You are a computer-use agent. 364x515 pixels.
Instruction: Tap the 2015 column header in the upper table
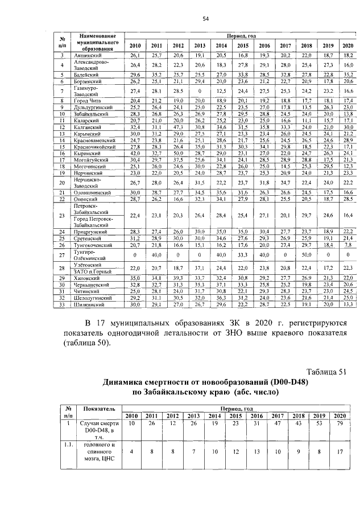tap(243, 46)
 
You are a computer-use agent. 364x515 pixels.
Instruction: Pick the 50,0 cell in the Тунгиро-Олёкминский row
tap(307, 255)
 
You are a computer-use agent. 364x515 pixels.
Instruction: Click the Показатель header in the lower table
tap(100, 409)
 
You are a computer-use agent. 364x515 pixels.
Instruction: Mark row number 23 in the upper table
tap(61, 216)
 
